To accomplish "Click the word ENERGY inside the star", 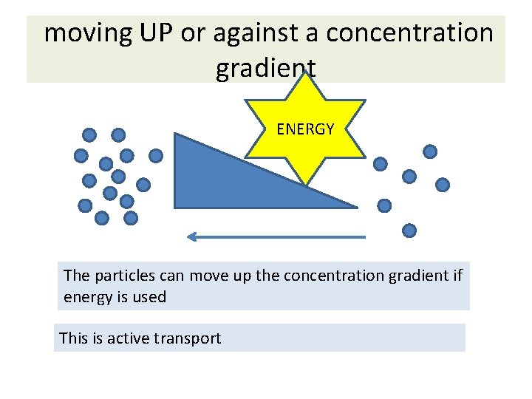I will [x=305, y=129].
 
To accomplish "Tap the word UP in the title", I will [x=155, y=33].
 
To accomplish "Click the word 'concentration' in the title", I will [x=409, y=33].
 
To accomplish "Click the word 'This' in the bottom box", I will [x=73, y=338].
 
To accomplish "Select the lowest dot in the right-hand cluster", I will [x=409, y=231].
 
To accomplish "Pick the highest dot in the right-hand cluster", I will [x=429, y=151].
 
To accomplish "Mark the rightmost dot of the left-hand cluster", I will [x=156, y=156].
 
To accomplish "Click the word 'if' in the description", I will [x=457, y=276].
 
